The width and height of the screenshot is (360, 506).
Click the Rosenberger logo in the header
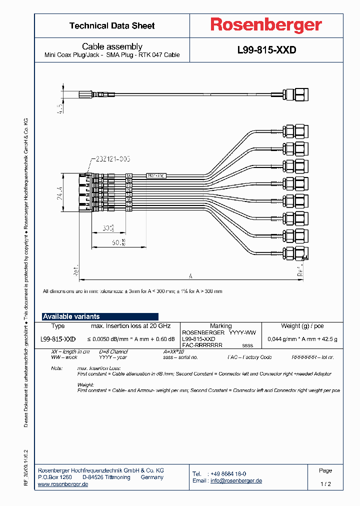[266, 25]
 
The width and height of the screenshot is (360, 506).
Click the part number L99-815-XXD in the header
[266, 50]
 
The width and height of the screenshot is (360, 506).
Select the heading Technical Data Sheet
[112, 25]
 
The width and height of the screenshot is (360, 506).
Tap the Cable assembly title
[112, 46]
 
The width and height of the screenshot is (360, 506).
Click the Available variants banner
[100, 316]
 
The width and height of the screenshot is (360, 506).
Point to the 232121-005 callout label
[111, 159]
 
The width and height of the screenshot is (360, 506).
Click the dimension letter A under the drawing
[190, 275]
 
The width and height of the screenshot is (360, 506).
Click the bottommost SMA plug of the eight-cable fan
[294, 254]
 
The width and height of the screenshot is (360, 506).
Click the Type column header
[58, 326]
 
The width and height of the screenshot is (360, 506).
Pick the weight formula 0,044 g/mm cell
[302, 339]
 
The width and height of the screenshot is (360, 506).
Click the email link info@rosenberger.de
[236, 480]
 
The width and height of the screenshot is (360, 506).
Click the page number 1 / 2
[325, 484]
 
